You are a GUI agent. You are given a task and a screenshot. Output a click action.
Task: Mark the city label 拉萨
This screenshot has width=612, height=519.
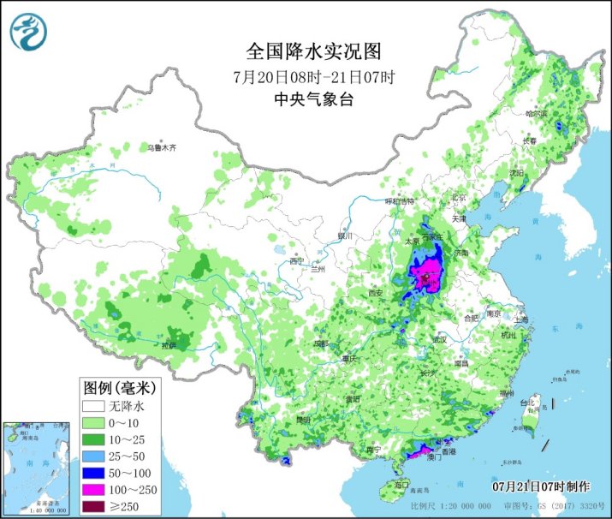point(169,345)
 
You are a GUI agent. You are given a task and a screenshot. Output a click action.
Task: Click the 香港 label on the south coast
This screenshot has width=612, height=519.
point(448,450)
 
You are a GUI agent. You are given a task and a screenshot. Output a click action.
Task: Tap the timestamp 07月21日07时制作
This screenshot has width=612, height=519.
point(541,486)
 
